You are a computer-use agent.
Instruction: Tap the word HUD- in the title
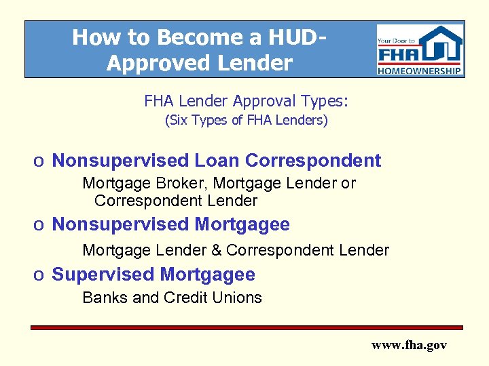[x=294, y=37]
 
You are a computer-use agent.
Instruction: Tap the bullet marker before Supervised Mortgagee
[x=40, y=275]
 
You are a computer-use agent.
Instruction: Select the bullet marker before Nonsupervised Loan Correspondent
[x=40, y=161]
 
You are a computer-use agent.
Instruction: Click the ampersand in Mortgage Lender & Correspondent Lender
[x=216, y=250]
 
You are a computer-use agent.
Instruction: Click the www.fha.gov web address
[x=409, y=345]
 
